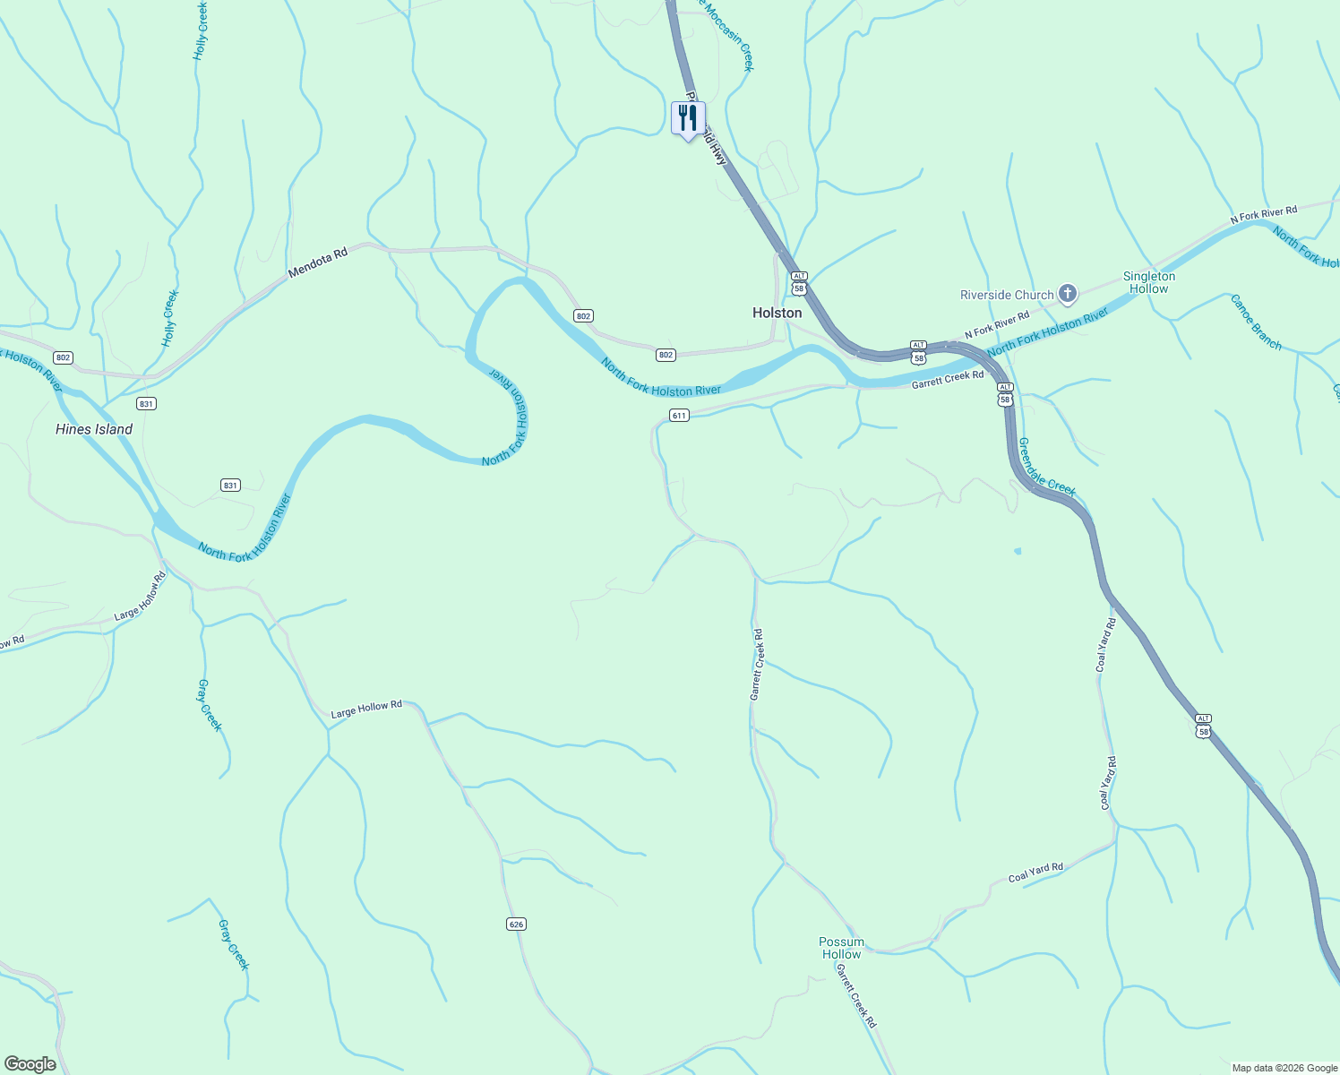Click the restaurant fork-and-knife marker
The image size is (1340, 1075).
(x=688, y=118)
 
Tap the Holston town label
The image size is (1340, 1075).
(x=777, y=313)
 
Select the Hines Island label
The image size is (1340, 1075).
(x=94, y=429)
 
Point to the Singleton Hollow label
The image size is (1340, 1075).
(x=1149, y=282)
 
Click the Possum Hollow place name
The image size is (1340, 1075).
(x=841, y=948)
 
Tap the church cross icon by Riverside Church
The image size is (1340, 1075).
(x=1067, y=293)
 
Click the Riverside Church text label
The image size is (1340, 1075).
(x=1007, y=295)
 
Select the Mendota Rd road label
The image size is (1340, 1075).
(x=317, y=263)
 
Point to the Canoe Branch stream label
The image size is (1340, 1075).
(x=1256, y=322)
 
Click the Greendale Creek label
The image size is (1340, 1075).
(x=1046, y=467)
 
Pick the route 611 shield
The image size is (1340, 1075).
(x=679, y=416)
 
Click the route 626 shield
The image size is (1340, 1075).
(x=516, y=924)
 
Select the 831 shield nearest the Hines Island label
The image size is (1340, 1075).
(x=147, y=404)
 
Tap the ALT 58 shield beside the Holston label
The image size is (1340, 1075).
(x=799, y=283)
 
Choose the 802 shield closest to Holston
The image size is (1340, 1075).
(x=665, y=356)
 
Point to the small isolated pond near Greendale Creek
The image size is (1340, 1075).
(x=1018, y=551)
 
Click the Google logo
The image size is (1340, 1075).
(x=30, y=1064)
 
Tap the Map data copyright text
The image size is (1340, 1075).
(x=1284, y=1068)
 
